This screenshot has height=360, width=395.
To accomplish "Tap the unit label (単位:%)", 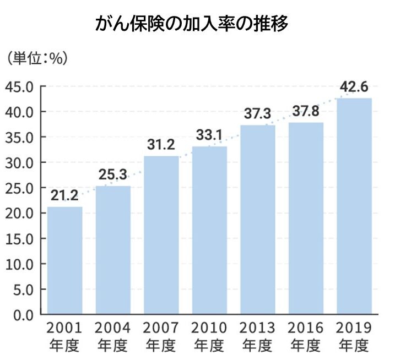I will [37, 58].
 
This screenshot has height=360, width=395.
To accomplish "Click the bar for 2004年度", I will [113, 250].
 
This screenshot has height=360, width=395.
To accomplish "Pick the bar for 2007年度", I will [161, 235].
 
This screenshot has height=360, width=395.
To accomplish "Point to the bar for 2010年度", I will [209, 230].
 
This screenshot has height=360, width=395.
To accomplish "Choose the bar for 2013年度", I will [258, 220].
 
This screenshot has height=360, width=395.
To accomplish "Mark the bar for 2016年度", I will [306, 218].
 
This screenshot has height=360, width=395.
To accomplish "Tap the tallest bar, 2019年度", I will [354, 206].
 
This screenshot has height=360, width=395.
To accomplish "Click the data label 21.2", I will [64, 195].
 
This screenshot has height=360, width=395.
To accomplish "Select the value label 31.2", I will [161, 144].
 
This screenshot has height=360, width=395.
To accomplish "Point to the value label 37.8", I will [306, 111].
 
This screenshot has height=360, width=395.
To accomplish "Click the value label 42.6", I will [354, 86].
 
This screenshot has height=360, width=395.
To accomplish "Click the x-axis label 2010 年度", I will [209, 337].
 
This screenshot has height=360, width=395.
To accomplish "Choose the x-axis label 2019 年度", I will [354, 337].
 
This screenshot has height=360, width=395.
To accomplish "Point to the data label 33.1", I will [209, 134].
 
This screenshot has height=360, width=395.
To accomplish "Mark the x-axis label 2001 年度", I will [64, 337].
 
